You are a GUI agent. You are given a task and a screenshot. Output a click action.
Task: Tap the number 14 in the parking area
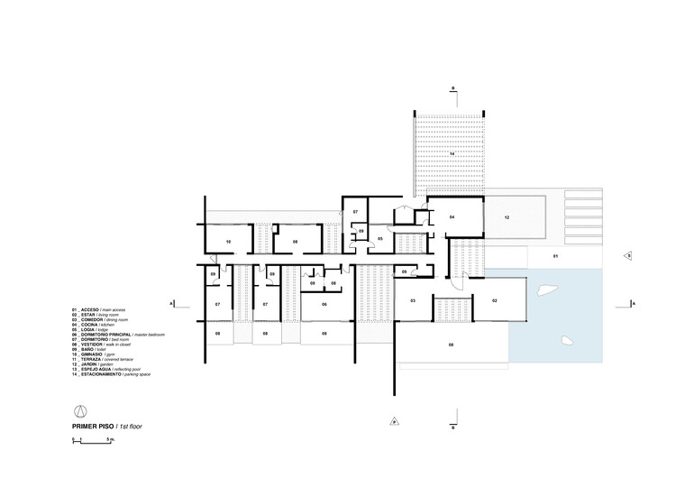tap(453, 155)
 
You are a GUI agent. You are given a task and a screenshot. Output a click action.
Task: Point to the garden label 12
tap(507, 218)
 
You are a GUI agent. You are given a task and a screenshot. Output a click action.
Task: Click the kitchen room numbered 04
tap(452, 217)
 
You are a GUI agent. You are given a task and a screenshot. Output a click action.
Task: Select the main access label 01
tap(555, 257)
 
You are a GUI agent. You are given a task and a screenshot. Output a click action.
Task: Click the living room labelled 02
tap(495, 299)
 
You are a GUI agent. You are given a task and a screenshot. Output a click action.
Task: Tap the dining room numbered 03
tap(413, 299)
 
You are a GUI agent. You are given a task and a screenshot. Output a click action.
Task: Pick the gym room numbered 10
tap(228, 242)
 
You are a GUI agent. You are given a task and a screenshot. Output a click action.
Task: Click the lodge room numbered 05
tap(380, 239)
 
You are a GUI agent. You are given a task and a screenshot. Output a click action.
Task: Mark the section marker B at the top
tap(453, 88)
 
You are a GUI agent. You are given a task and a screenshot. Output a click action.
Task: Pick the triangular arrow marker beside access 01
tap(627, 256)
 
